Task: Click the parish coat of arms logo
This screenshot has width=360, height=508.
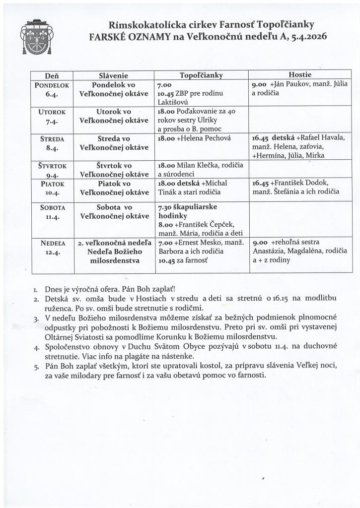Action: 35,38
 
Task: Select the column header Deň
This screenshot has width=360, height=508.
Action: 52,76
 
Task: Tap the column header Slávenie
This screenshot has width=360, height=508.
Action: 114,76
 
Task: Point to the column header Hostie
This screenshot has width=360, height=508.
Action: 299,74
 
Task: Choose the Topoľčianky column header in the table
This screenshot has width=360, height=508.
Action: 201,75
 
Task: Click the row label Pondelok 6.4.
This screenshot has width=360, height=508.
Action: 52,89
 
